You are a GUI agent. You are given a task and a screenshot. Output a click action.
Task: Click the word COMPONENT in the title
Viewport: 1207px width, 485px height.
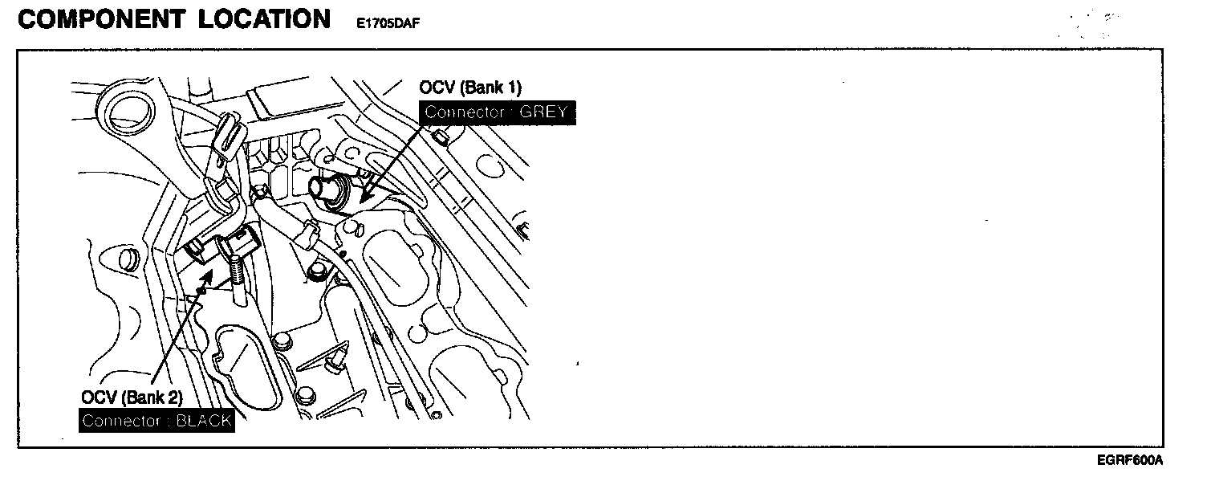pyautogui.click(x=93, y=19)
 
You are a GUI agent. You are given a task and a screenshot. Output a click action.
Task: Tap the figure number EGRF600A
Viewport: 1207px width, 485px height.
pyautogui.click(x=1130, y=460)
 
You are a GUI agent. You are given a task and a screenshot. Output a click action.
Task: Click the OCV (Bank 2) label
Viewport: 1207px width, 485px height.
pyautogui.click(x=132, y=397)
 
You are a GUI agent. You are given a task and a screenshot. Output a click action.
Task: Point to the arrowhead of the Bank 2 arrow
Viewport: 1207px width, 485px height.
pyautogui.click(x=210, y=275)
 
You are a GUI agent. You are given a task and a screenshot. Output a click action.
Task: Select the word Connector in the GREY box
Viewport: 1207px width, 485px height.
pyautogui.click(x=464, y=112)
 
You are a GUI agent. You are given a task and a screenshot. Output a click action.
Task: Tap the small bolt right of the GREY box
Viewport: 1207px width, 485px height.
pyautogui.click(x=440, y=142)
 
